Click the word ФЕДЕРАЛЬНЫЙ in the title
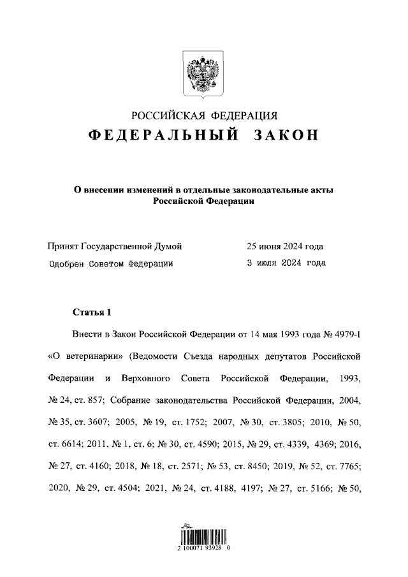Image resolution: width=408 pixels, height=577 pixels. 157,136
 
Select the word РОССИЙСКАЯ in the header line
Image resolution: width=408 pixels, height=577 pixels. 167,115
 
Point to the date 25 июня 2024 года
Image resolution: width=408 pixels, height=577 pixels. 285,246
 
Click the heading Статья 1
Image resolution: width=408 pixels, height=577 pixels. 92,312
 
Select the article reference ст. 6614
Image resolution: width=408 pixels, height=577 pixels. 64,444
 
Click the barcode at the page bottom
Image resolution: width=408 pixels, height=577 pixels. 204,535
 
